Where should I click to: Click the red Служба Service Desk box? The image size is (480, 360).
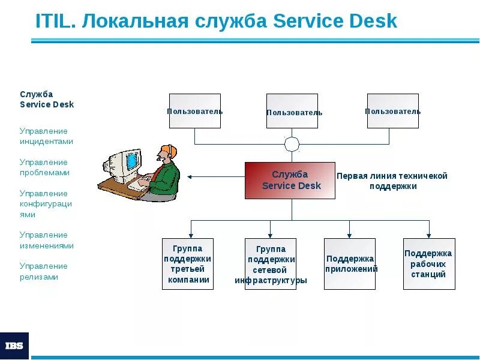(x=290, y=180)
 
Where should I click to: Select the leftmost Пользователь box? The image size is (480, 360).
(x=194, y=111)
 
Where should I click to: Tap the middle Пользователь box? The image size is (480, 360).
(x=292, y=111)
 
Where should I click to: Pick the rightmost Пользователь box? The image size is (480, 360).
(x=392, y=111)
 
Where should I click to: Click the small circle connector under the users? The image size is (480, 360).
(x=292, y=144)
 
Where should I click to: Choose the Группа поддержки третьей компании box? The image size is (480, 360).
(x=188, y=264)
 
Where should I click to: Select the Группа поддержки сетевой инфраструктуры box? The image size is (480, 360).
(x=271, y=264)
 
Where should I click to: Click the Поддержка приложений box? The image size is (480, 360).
(x=350, y=264)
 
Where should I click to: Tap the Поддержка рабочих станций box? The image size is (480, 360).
(x=429, y=264)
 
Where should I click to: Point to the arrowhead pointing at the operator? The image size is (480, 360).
(x=190, y=177)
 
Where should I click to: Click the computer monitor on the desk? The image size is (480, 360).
(x=127, y=162)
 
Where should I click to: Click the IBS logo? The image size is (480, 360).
(x=14, y=346)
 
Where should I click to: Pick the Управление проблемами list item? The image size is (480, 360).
(x=44, y=167)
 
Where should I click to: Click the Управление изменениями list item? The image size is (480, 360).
(x=46, y=240)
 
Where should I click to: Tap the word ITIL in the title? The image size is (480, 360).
(x=54, y=22)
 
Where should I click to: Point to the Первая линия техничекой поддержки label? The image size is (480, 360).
(x=392, y=181)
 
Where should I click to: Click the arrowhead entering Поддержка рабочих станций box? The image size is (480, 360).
(x=429, y=235)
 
